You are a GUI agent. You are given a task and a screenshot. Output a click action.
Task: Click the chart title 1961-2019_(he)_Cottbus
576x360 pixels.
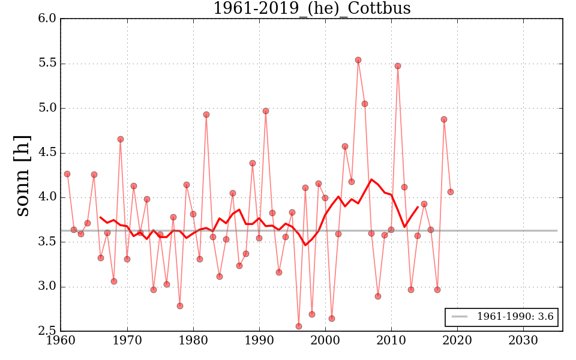pos(311,8)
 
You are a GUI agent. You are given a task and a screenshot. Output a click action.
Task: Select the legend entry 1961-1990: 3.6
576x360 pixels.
pos(515,317)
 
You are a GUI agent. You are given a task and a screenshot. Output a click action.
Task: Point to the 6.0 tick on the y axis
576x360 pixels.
pos(48,19)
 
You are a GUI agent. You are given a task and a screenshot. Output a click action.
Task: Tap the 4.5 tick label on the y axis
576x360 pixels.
pos(48,152)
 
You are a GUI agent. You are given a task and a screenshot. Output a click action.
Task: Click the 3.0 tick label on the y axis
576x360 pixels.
pos(48,286)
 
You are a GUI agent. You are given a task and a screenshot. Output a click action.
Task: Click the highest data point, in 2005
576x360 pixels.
pos(358,60)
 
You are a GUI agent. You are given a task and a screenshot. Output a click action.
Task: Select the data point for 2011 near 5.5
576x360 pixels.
pos(398,66)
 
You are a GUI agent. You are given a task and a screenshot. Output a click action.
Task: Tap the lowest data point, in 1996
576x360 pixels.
pos(299,326)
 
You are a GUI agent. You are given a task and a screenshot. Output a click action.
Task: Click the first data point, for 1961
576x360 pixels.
pos(67,174)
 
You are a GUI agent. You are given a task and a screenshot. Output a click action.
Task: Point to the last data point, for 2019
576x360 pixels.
pos(451,192)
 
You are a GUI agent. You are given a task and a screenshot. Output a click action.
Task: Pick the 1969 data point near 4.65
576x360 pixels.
pos(121,139)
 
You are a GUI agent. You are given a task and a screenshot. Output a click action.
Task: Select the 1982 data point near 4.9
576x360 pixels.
pos(206,115)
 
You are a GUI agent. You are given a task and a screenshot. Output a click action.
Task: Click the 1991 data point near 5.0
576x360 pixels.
pos(266,111)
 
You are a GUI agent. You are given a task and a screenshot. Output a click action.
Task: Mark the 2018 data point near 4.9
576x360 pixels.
pos(444,119)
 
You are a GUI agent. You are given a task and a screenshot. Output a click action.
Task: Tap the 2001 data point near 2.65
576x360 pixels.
pos(332,319)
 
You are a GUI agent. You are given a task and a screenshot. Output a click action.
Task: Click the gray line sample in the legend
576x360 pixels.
pos(460,317)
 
